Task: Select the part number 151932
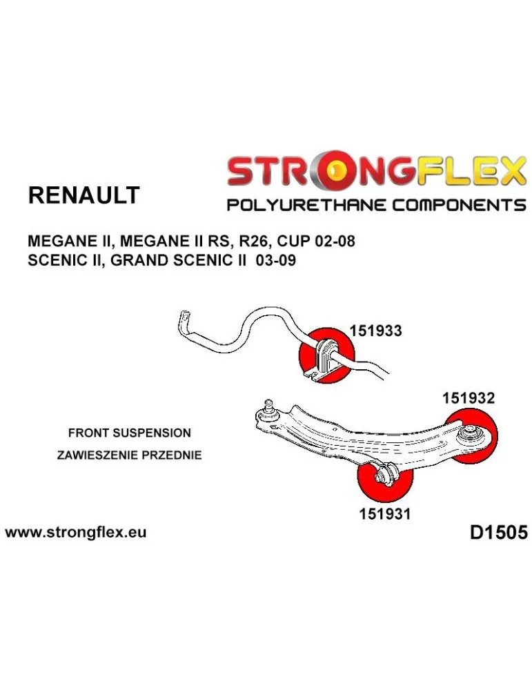coord(468,397)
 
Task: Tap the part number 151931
coord(384,514)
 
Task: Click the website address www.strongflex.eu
coord(75,533)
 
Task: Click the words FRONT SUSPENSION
coord(129,433)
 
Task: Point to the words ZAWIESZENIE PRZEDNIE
coord(129,455)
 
